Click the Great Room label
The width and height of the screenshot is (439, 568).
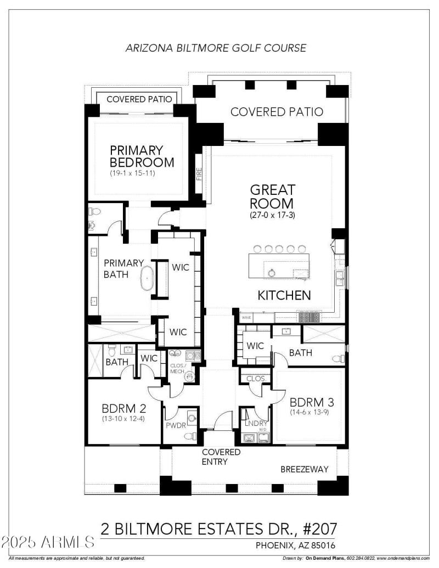pyautogui.click(x=273, y=196)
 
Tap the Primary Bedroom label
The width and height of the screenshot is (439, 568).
pyautogui.click(x=142, y=156)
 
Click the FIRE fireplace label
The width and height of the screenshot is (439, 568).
pyautogui.click(x=199, y=175)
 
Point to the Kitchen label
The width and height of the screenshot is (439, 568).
pyautogui.click(x=284, y=295)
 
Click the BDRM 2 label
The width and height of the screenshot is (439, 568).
pyautogui.click(x=124, y=408)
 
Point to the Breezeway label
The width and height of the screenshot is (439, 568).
pyautogui.click(x=305, y=469)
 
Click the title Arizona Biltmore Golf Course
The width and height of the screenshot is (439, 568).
pyautogui.click(x=216, y=48)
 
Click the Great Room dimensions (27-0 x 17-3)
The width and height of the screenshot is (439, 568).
pyautogui.click(x=272, y=215)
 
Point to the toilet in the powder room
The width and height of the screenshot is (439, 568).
pyautogui.click(x=189, y=435)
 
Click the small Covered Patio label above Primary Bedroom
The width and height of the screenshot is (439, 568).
pyautogui.click(x=139, y=99)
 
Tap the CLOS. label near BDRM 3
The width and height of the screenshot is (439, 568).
pyautogui.click(x=256, y=379)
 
